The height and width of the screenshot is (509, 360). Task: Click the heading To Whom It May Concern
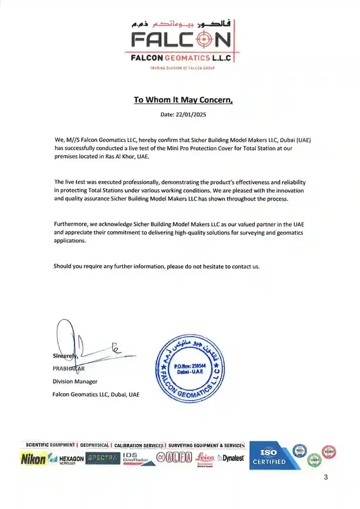tap(183, 100)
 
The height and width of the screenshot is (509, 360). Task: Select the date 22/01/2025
tap(191, 114)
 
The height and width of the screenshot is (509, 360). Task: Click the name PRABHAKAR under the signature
tap(69, 369)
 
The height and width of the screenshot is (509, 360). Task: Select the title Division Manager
tap(75, 382)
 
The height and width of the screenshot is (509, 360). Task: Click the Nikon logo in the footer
tap(33, 458)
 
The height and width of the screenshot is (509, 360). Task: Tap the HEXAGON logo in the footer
tap(67, 459)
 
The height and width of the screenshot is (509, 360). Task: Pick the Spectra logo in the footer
tap(102, 458)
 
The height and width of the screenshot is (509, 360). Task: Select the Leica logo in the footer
tap(205, 458)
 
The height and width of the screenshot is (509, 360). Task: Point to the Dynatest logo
tap(231, 458)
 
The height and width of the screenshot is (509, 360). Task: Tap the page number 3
tap(325, 477)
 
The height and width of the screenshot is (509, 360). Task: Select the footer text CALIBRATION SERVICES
tap(139, 445)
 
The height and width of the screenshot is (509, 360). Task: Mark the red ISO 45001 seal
tap(329, 451)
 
